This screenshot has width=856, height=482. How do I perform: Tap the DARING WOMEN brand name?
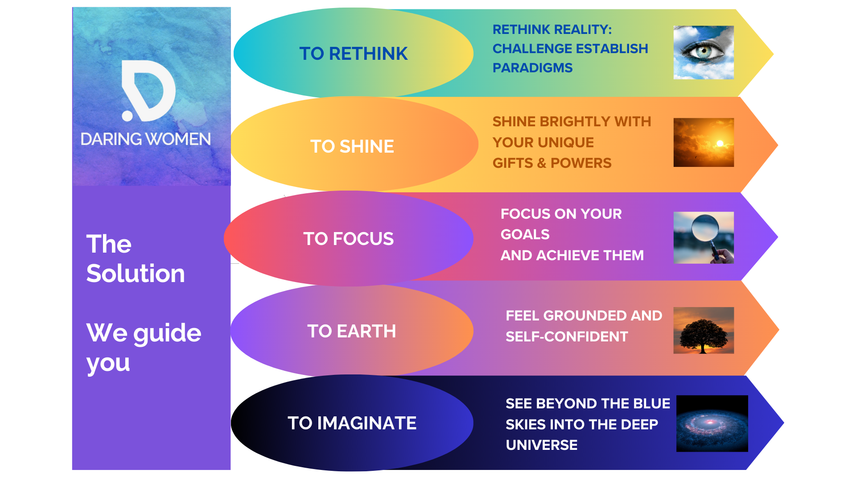pos(146,139)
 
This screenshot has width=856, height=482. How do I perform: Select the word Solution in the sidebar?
pos(136,273)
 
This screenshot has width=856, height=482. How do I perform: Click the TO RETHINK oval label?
pos(353,54)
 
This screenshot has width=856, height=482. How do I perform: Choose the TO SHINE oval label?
pos(352,146)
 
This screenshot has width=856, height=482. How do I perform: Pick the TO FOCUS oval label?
pos(349,239)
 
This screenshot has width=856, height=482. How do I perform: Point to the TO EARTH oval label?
pos(352,331)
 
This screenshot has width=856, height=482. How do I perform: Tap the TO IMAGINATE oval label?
pos(352,423)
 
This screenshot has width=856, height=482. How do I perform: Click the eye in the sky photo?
pos(704,52)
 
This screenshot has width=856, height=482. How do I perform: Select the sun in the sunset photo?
pos(719,143)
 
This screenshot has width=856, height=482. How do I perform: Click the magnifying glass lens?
pos(705,227)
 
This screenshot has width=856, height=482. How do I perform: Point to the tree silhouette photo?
pos(704,331)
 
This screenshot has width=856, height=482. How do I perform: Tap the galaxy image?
pos(712,424)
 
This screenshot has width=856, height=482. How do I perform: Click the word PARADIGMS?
pos(532,68)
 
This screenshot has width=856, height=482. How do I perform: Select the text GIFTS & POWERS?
pos(552,163)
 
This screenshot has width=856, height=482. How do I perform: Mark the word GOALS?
pos(525,234)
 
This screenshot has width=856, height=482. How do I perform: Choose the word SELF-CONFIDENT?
pos(567,337)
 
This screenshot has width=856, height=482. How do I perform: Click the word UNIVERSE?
pos(542,445)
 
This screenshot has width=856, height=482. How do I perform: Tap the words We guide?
pos(144,333)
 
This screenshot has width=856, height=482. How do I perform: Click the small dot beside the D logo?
pos(128,116)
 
